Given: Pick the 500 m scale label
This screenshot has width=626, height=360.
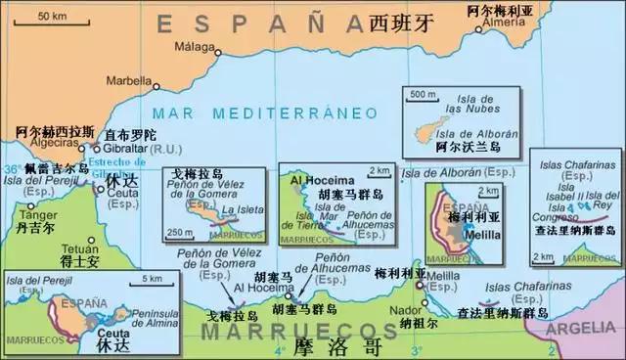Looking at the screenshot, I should point(423,95).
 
